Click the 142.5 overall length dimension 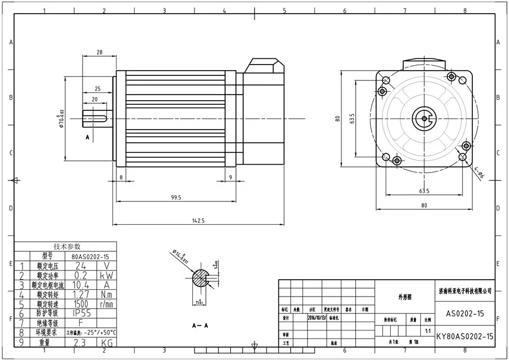(x=197, y=220)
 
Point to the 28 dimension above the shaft (x=100, y=52)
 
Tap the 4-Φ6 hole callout (x=479, y=173)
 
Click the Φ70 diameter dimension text (x=61, y=118)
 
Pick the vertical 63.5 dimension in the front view (x=352, y=119)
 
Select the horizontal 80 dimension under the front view (x=424, y=205)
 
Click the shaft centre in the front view (x=424, y=118)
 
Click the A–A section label (x=199, y=327)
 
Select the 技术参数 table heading (x=67, y=246)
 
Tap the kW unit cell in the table (x=106, y=275)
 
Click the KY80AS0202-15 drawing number (x=465, y=336)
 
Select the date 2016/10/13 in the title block (x=317, y=318)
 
